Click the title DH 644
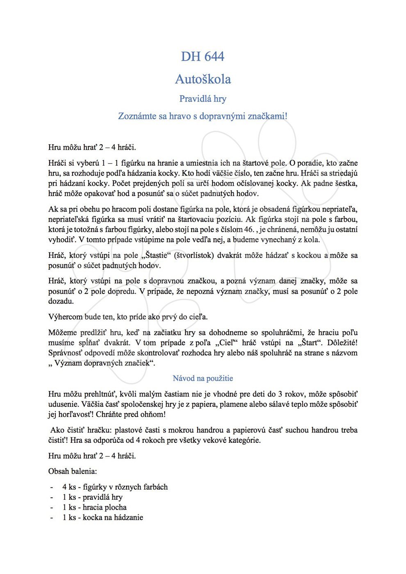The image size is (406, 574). pyautogui.click(x=203, y=56)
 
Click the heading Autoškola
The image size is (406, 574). pyautogui.click(x=203, y=79)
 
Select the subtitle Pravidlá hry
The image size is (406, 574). pyautogui.click(x=203, y=99)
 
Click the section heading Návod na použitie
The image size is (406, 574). pyautogui.click(x=203, y=378)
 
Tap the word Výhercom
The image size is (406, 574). pyautogui.click(x=65, y=317)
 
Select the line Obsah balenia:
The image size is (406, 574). pyautogui.click(x=73, y=471)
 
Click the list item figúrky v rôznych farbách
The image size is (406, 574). pyautogui.click(x=125, y=487)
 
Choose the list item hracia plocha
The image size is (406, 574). pyautogui.click(x=105, y=507)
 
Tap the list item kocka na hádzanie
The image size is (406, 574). pyautogui.click(x=113, y=517)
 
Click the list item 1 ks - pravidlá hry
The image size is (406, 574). pyautogui.click(x=92, y=497)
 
